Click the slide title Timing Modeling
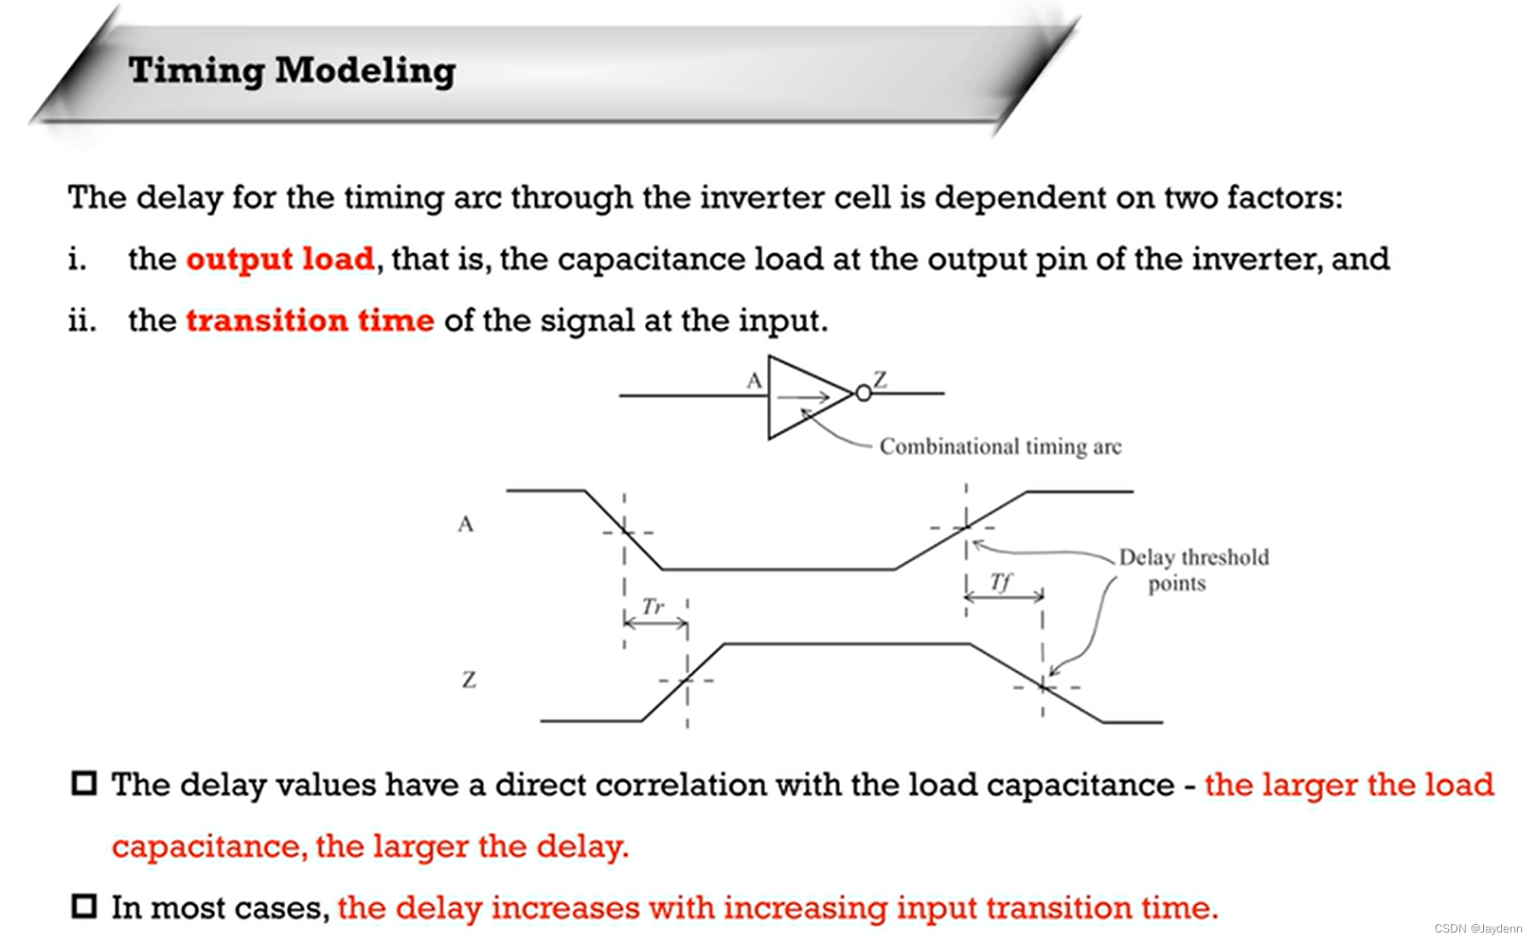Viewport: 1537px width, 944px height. click(x=293, y=71)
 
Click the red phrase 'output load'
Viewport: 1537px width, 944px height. click(x=280, y=260)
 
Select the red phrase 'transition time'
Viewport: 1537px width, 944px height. click(x=310, y=320)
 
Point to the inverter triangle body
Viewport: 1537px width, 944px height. click(x=769, y=397)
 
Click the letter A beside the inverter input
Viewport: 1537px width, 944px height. click(x=754, y=380)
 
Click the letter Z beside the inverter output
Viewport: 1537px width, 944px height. click(x=881, y=379)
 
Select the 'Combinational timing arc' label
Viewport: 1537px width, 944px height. click(x=1000, y=447)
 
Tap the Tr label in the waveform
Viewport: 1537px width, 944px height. click(x=653, y=607)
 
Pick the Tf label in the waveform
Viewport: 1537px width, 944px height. click(x=1000, y=582)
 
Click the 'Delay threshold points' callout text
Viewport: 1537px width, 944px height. click(x=1194, y=570)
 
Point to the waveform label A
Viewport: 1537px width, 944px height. click(x=465, y=524)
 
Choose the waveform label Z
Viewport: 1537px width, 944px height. click(x=469, y=680)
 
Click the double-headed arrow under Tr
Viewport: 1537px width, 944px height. click(x=655, y=624)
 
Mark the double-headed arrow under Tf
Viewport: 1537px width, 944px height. click(x=1004, y=597)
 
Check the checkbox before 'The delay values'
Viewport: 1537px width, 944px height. click(x=83, y=783)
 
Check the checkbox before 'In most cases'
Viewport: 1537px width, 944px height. click(x=83, y=906)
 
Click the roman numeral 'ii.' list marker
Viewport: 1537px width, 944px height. click(x=81, y=320)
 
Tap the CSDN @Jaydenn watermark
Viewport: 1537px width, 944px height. click(x=1478, y=928)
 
